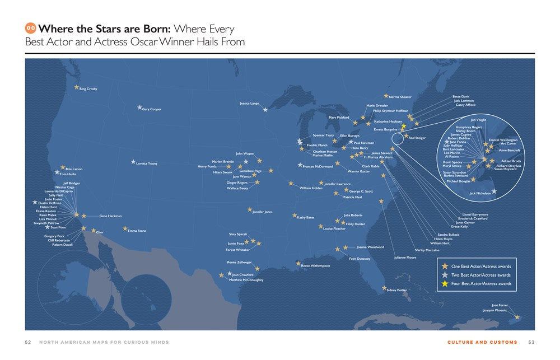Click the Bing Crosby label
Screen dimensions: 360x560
[88, 89]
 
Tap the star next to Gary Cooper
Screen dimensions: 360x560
[139, 107]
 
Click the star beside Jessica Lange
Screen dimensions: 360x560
[265, 109]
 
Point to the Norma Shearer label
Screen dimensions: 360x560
[400, 97]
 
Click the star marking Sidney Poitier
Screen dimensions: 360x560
[384, 288]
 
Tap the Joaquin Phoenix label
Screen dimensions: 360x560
[495, 310]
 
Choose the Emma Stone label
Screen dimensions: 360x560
[137, 231]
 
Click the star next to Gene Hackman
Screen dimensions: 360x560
[84, 216]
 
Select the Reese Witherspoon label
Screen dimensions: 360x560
[315, 265]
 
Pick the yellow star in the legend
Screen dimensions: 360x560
[445, 284]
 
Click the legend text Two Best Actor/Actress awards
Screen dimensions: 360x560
[480, 275]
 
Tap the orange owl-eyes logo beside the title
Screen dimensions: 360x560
[31, 28]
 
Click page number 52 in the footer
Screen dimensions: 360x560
[27, 342]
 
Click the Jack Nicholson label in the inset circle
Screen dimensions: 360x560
[480, 193]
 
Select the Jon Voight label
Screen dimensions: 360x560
[478, 120]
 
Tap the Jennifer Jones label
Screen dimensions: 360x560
[262, 212]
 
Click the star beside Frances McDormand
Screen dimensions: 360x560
[300, 165]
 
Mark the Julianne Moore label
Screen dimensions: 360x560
[405, 258]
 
